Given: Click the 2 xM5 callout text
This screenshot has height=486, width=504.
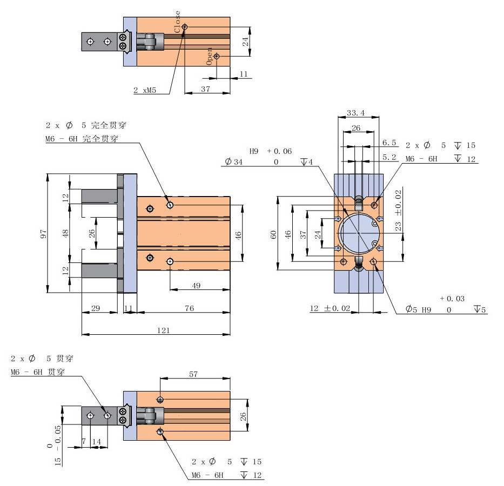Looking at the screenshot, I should pyautogui.click(x=145, y=90).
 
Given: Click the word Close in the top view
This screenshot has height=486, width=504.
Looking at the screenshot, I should pyautogui.click(x=178, y=22).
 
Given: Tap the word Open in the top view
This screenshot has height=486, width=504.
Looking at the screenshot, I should pyautogui.click(x=210, y=56).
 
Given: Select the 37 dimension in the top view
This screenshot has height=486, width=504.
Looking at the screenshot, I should pyautogui.click(x=205, y=89).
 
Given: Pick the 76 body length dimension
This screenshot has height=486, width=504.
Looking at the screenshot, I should pyautogui.click(x=190, y=308).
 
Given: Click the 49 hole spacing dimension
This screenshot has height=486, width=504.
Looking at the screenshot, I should pyautogui.click(x=196, y=286).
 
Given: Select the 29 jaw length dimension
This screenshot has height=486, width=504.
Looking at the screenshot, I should pyautogui.click(x=96, y=308).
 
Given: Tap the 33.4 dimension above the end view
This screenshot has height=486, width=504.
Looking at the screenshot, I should pyautogui.click(x=355, y=113).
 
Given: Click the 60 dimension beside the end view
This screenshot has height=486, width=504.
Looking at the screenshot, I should pyautogui.click(x=274, y=234).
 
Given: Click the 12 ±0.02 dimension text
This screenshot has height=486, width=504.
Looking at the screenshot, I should pyautogui.click(x=330, y=308).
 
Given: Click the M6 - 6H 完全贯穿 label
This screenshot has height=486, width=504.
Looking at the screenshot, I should pyautogui.click(x=82, y=139).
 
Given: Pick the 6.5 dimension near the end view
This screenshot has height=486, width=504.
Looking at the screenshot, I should pyautogui.click(x=389, y=143).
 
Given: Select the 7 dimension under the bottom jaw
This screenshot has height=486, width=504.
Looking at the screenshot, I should pyautogui.click(x=84, y=441).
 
